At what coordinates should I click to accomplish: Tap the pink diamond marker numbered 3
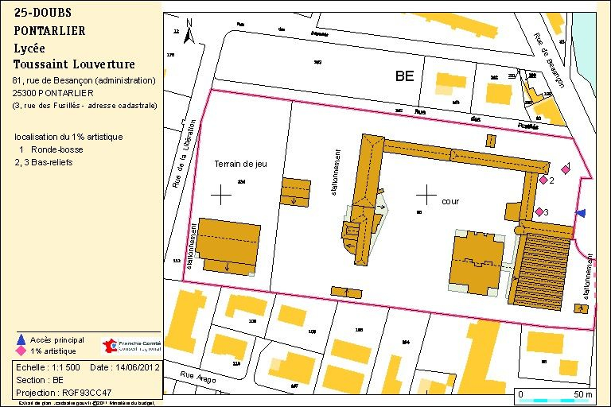[539, 211]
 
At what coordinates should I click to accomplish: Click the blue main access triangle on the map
[581, 212]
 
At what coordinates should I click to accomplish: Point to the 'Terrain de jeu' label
[240, 164]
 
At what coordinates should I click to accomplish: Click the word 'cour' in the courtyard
[450, 202]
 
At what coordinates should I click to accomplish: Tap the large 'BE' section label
[405, 77]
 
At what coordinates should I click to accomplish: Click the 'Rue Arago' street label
[197, 374]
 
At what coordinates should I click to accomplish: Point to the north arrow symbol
[189, 32]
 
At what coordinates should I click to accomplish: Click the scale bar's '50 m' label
[582, 394]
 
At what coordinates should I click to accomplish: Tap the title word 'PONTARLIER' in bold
[49, 31]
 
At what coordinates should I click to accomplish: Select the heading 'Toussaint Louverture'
[74, 64]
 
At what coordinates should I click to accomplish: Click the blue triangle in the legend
[21, 339]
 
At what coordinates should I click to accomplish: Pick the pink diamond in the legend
[21, 351]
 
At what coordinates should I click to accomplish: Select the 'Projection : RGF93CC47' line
[64, 392]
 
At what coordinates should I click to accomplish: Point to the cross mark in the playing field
[220, 193]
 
